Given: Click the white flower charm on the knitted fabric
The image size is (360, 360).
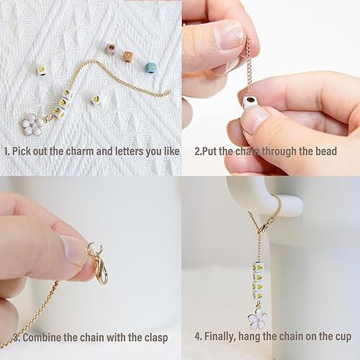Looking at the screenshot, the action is [31, 124].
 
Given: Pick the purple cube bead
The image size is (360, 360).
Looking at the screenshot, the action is [111, 49].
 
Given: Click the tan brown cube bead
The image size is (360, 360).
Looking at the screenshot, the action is [129, 56].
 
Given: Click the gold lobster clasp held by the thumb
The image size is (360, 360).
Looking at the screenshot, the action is [100, 271].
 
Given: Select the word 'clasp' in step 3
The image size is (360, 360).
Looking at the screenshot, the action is [156, 338].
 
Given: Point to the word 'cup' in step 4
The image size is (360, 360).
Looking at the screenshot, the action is [342, 337].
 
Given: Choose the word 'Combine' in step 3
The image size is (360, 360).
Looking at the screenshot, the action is [42, 338].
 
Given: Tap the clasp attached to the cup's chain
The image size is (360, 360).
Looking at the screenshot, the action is [263, 225].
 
